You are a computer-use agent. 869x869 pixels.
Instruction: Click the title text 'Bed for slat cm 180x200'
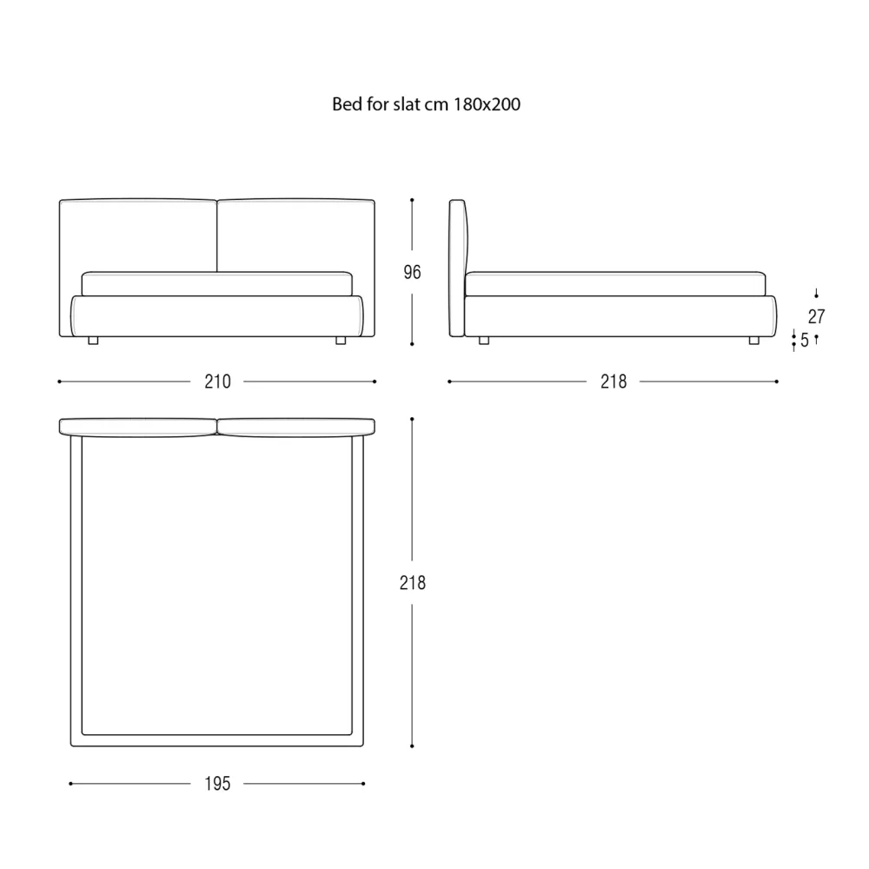(x=426, y=104)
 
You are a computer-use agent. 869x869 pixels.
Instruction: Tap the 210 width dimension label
(x=217, y=381)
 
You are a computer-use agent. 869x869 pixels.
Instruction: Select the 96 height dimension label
(x=412, y=272)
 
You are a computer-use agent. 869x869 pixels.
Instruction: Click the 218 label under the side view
(x=614, y=381)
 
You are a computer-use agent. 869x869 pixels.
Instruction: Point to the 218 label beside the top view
(x=412, y=582)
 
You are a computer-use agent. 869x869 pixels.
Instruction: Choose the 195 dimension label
(x=217, y=784)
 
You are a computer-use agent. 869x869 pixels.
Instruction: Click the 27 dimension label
(x=816, y=316)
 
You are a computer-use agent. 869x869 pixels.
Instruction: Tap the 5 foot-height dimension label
(x=804, y=340)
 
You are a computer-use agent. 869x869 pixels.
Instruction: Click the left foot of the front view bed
(x=93, y=341)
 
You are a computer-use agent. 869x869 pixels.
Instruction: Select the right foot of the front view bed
(x=341, y=341)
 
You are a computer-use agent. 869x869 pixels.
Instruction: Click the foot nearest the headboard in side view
(x=484, y=341)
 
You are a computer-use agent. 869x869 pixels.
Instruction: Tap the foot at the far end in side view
(x=753, y=341)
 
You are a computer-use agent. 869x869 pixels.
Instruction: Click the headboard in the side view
(x=458, y=269)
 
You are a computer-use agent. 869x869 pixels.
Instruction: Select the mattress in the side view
(x=615, y=284)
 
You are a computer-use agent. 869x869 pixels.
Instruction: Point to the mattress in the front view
(x=216, y=284)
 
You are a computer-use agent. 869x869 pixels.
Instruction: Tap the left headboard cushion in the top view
(x=138, y=428)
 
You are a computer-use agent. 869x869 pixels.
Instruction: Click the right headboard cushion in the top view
(x=296, y=428)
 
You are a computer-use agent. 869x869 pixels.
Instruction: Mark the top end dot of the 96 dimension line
(x=412, y=200)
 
